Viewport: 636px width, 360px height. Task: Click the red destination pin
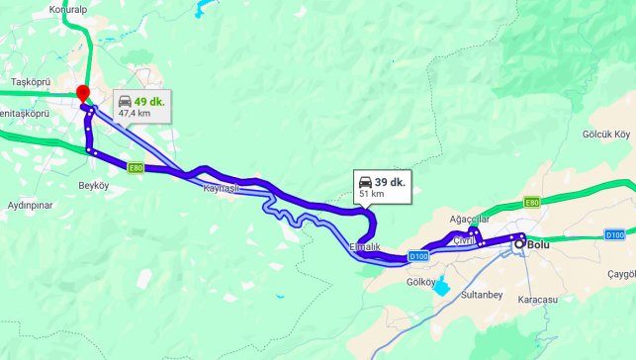pos(83,93)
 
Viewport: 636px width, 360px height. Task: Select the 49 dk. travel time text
pos(149,101)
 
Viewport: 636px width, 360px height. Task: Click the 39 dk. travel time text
pos(391,182)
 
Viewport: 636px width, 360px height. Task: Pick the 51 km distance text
pos(370,195)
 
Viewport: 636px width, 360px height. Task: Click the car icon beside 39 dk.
pos(365,182)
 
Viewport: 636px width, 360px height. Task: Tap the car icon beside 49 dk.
pos(125,101)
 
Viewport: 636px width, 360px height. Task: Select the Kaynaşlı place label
pos(222,188)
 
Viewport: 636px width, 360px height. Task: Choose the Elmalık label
pos(365,246)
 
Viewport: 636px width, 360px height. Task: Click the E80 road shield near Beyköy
pos(136,169)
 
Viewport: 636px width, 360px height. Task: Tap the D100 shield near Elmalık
pos(417,257)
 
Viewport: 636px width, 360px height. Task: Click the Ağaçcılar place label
pos(469,219)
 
